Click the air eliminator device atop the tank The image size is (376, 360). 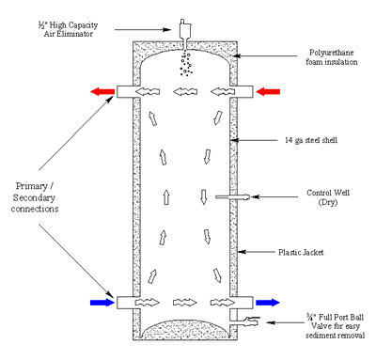coord(184,32)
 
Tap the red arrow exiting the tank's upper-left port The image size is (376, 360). coord(102,91)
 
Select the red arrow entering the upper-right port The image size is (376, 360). coord(268,91)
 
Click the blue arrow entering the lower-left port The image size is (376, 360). coord(102,303)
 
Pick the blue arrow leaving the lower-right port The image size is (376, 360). coord(268,303)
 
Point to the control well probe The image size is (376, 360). coord(233,197)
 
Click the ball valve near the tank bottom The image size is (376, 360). coord(252,321)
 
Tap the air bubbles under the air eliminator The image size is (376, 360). coord(186,64)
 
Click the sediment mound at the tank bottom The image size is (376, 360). coord(185,330)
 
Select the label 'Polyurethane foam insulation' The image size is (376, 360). coord(332,57)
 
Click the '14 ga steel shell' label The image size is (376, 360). coord(311,140)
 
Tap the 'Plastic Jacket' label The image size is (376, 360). coord(301,252)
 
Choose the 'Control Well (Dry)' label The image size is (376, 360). coord(328,197)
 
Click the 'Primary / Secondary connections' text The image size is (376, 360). coord(35,197)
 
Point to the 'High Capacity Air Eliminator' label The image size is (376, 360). coord(68,29)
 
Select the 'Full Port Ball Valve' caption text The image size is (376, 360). coord(335,326)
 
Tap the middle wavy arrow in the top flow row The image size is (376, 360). coord(185,92)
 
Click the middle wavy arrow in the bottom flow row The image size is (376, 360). coord(185,303)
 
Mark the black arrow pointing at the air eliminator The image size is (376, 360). coord(143,30)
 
